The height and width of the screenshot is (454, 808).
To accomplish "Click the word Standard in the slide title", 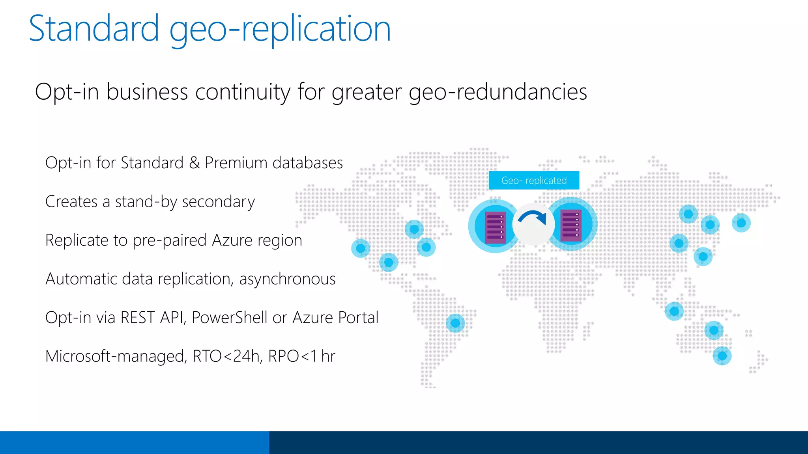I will click(x=94, y=28).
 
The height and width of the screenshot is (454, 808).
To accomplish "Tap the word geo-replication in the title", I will click(x=280, y=28).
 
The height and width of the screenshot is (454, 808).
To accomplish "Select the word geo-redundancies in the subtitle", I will click(x=498, y=92).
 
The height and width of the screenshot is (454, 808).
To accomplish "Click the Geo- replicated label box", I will click(x=534, y=180).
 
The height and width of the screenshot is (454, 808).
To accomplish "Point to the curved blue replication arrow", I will click(x=533, y=218).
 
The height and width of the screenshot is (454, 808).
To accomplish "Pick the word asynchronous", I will click(x=287, y=279).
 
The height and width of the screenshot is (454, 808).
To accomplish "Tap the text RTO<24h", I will click(x=226, y=356).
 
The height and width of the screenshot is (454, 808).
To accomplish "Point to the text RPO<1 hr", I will click(x=301, y=356).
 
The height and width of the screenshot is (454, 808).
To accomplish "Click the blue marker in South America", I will click(x=455, y=323).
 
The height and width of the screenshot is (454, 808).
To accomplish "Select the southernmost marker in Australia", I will click(x=722, y=356).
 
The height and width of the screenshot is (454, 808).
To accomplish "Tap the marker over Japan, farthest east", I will click(x=741, y=223).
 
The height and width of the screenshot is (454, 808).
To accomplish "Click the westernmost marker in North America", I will click(x=361, y=248).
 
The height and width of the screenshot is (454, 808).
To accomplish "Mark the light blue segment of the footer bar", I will click(x=134, y=442).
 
